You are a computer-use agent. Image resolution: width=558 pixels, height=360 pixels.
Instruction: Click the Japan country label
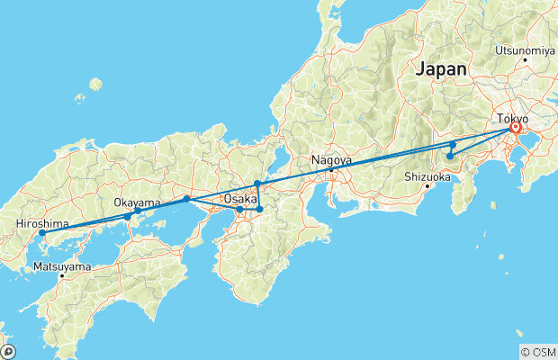tap(441, 69)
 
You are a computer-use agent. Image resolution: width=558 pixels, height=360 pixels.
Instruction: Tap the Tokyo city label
tap(514, 118)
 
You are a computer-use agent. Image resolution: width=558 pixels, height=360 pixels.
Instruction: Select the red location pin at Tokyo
tap(515, 129)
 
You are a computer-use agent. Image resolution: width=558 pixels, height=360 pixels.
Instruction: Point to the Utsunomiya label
tap(523, 50)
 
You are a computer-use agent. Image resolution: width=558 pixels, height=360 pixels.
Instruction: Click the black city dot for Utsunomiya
tap(525, 60)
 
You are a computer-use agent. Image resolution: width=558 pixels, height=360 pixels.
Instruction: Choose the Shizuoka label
tap(427, 176)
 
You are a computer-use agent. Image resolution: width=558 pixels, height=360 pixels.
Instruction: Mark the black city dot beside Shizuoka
tap(427, 186)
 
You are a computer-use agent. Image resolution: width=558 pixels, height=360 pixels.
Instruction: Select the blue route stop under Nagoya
tap(331, 169)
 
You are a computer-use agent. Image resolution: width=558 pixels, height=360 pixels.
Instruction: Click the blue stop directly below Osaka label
tap(239, 210)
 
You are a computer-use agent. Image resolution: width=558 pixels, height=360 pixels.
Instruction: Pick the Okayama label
tap(138, 202)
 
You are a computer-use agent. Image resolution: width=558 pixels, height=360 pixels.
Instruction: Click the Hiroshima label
tap(37, 223)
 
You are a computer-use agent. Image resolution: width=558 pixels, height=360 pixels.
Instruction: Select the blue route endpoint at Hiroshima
tap(41, 234)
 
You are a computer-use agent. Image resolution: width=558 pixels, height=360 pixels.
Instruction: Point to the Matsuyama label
tap(61, 266)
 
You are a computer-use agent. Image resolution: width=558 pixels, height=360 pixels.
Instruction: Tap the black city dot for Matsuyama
tap(62, 276)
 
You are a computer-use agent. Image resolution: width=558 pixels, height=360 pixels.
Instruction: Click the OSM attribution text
tap(537, 352)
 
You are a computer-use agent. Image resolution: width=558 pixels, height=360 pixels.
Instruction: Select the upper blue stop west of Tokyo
tap(454, 144)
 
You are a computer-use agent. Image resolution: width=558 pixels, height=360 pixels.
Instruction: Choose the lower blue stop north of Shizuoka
tap(450, 157)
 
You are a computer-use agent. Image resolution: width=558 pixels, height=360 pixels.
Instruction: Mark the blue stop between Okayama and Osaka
tap(186, 198)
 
